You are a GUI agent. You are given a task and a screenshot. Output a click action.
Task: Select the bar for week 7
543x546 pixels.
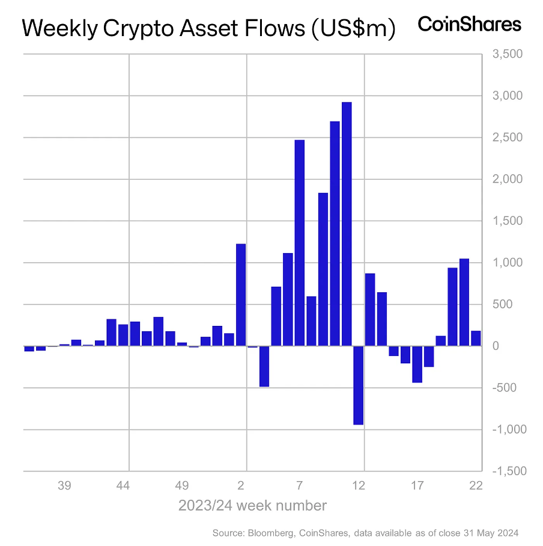299,243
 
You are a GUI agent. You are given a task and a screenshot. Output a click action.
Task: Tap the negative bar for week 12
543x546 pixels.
358,385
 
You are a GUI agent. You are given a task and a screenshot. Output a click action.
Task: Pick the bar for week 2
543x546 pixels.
241,295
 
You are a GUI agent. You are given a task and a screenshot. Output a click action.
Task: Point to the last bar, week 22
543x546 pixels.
476,339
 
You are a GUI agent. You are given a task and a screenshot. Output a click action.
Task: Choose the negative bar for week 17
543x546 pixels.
417,364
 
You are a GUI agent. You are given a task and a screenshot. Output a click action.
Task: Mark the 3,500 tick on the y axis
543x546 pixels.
508,54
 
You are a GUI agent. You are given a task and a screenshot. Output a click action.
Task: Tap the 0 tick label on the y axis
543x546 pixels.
496,346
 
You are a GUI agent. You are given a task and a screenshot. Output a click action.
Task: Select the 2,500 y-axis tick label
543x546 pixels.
508,138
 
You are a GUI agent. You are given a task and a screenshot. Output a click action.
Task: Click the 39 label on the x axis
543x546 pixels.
65,486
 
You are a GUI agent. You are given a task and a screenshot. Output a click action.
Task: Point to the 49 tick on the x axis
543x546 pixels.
183,486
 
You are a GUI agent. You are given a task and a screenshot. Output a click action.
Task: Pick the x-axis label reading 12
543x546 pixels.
359,486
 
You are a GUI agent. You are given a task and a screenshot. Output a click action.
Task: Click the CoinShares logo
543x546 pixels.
469,25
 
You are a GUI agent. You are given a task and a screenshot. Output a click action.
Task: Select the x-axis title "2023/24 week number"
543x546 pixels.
252,506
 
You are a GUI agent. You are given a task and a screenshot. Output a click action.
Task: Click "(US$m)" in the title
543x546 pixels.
354,28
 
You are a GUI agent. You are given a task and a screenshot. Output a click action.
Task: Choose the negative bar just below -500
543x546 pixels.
264,367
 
